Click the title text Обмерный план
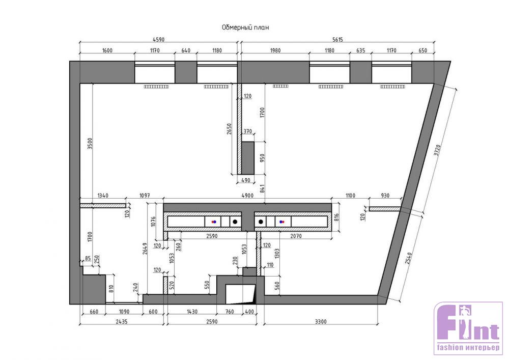(245, 27)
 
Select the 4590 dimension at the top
(158, 40)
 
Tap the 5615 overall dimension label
(337, 40)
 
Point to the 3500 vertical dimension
(90, 144)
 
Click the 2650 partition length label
(229, 129)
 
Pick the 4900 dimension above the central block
(247, 196)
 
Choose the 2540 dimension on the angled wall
(409, 258)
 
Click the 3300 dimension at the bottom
(321, 321)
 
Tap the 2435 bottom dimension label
(122, 321)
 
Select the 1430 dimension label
(192, 312)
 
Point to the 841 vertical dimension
(262, 189)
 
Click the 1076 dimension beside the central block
(154, 221)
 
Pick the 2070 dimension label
(296, 236)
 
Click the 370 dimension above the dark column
(248, 131)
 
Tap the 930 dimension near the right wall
(385, 196)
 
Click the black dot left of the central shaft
(235, 221)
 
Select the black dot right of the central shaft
(260, 221)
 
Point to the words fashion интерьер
(468, 348)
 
